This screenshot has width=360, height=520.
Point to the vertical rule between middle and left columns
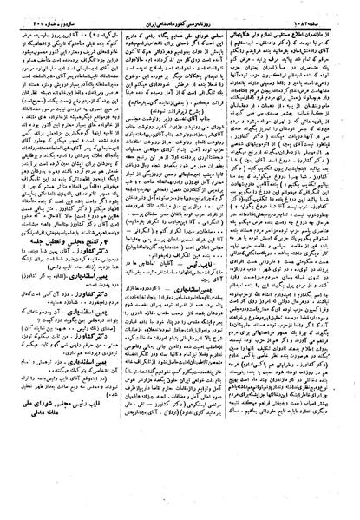(122, 260)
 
